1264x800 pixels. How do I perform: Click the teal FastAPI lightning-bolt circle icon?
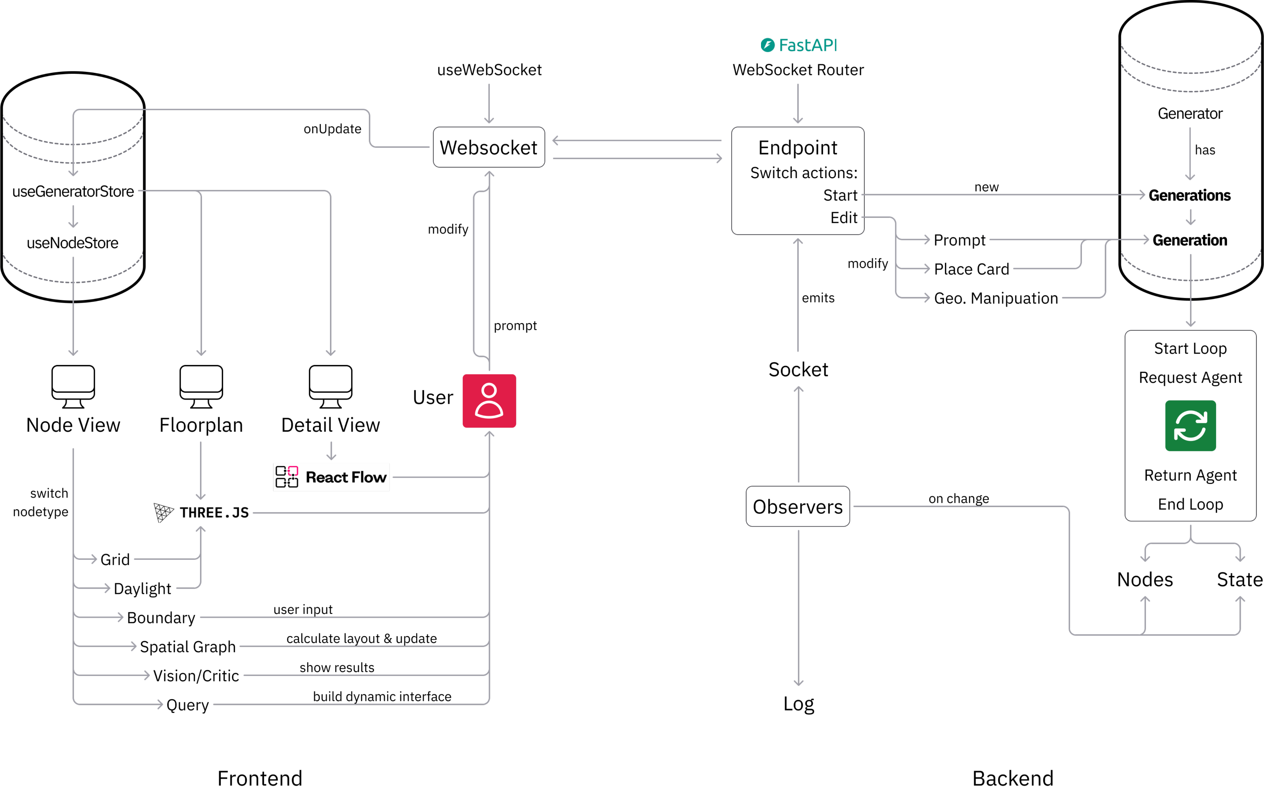click(767, 45)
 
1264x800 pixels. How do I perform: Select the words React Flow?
click(346, 477)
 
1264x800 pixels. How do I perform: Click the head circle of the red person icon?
click(489, 390)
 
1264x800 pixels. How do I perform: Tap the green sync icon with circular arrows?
click(1191, 426)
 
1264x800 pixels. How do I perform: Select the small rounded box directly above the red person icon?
click(489, 147)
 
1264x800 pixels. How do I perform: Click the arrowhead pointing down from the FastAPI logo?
click(798, 121)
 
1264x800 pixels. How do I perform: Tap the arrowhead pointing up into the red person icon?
click(489, 434)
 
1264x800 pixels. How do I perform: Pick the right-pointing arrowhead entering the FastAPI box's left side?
click(719, 158)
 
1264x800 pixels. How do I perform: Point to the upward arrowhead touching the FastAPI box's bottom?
click(798, 241)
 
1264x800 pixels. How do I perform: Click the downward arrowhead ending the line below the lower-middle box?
click(798, 683)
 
